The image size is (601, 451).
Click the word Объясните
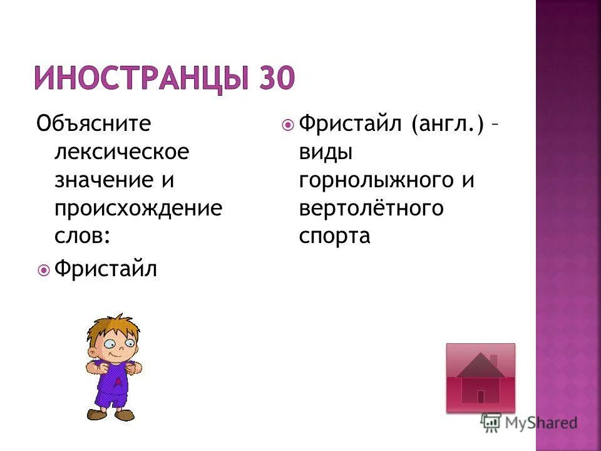point(93,124)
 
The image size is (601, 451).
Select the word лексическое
point(121,152)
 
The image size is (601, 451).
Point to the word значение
point(102,180)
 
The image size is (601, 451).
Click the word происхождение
point(138,209)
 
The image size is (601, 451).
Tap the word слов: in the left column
point(82,236)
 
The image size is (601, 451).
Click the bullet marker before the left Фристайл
point(44,271)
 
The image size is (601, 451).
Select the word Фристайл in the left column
point(106,269)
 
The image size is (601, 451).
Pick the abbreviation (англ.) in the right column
point(448,124)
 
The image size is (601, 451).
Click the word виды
point(326,152)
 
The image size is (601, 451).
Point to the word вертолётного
point(371,209)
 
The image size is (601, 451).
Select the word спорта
point(334,237)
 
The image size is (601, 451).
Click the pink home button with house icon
point(480,378)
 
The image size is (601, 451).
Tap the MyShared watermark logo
point(529,423)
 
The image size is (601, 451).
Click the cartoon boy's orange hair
point(113,326)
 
